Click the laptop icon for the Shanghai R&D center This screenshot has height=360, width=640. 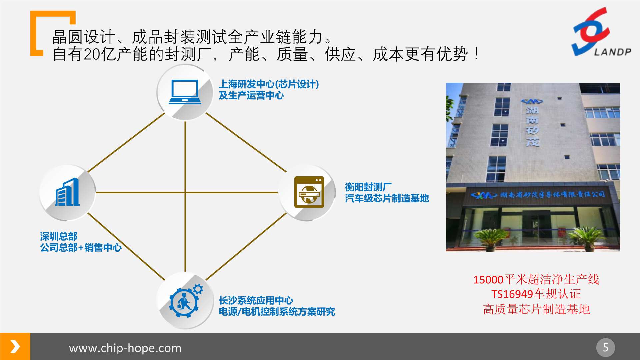[x=185, y=92]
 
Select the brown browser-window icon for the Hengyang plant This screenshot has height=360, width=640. [x=309, y=192]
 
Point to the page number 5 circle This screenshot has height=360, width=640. [x=605, y=347]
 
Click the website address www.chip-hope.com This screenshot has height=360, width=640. [x=125, y=348]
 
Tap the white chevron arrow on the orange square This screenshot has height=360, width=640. [x=15, y=346]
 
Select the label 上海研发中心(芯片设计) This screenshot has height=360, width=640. [x=269, y=84]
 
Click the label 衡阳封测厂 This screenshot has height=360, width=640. [x=368, y=187]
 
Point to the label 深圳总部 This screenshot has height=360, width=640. [x=59, y=236]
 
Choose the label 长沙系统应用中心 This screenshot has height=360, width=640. [x=256, y=300]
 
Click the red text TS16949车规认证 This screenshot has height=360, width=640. [x=536, y=294]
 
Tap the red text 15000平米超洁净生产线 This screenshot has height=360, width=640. [x=536, y=279]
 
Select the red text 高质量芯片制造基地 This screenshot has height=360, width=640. [x=536, y=309]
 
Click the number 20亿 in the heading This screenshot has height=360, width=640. [x=100, y=54]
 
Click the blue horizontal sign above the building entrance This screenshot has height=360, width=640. [x=538, y=194]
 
